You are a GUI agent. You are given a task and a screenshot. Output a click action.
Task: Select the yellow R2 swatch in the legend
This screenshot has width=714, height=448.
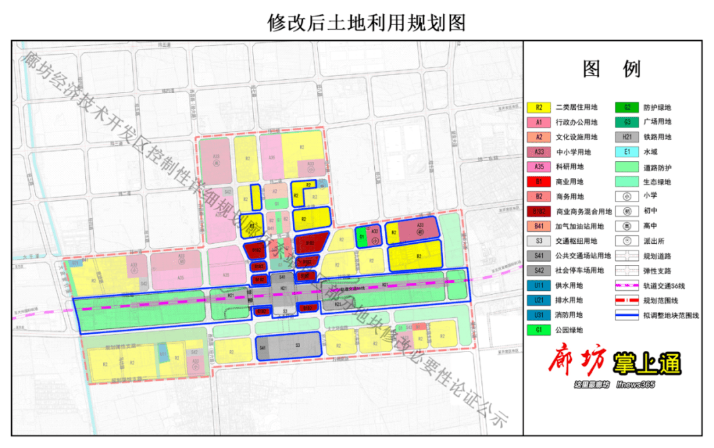[539, 108]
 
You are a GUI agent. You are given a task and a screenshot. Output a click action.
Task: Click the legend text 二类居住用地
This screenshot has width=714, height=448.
[576, 108]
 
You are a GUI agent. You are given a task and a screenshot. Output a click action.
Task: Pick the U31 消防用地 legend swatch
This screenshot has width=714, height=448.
[539, 315]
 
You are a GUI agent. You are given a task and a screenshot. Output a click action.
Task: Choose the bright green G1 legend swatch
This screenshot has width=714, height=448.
[539, 330]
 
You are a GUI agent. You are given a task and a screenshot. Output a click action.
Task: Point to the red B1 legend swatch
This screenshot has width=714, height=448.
[539, 182]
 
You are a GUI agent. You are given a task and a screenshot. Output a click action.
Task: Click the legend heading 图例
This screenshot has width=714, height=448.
[612, 69]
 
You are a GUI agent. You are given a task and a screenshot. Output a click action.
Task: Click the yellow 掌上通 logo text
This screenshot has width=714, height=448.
[647, 363]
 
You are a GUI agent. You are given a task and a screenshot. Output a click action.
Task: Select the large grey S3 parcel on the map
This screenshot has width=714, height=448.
[297, 346]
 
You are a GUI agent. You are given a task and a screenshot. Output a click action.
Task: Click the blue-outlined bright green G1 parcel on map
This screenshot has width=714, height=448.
[362, 236]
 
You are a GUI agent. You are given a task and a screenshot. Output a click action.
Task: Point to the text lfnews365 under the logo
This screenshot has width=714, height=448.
[635, 385]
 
